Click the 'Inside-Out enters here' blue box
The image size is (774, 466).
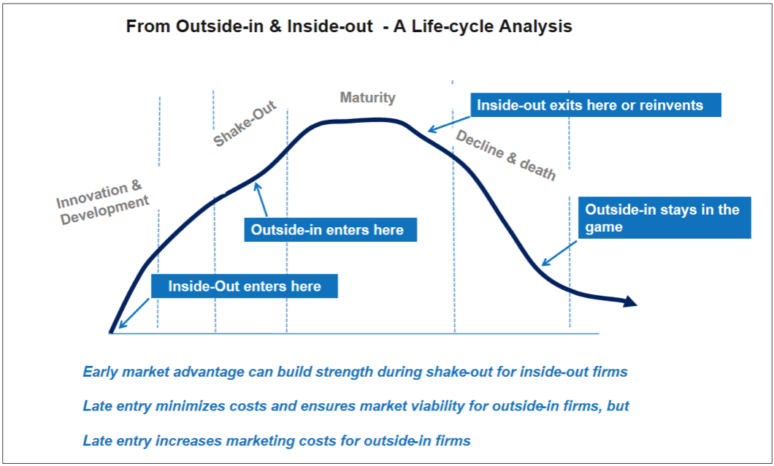coord(245,286)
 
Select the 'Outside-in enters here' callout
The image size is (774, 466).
coord(326,229)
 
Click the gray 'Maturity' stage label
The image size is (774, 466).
coord(367,97)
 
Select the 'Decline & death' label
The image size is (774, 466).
coord(505,154)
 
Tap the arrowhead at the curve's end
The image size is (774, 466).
coord(630,302)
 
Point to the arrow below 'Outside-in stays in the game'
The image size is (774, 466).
coord(559,251)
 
